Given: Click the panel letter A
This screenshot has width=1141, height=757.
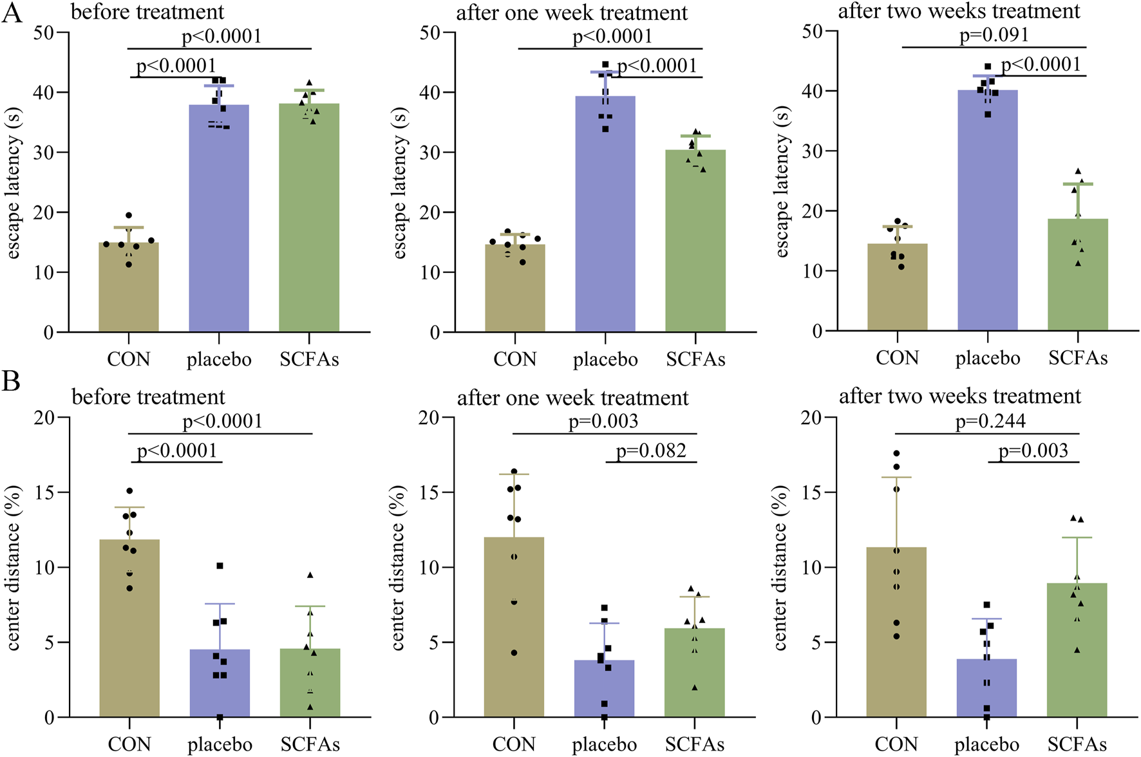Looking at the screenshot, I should [x=12, y=13].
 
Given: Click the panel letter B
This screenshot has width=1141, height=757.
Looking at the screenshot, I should [x=11, y=381].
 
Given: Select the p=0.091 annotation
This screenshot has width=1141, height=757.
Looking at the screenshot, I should [x=994, y=35].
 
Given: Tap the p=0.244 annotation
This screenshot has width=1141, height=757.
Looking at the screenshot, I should [x=990, y=421].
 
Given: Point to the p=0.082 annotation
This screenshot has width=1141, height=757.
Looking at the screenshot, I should [x=651, y=451].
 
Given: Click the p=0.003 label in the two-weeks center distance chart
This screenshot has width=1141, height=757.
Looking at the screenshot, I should [x=1033, y=451].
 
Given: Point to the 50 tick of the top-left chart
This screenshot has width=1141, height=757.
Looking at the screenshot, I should [x=44, y=32].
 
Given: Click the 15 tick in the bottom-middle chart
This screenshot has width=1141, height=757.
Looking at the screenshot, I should [x=429, y=492].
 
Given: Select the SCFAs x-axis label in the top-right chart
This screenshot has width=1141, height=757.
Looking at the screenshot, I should [x=1077, y=358].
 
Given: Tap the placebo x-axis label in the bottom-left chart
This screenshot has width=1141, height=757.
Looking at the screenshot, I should [x=220, y=745].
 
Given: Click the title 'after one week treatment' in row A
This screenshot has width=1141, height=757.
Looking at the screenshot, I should [x=572, y=13].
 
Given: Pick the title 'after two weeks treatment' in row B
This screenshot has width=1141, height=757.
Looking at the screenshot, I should [x=959, y=397].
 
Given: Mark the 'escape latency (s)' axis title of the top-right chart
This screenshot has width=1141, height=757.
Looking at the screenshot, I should [x=782, y=182].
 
